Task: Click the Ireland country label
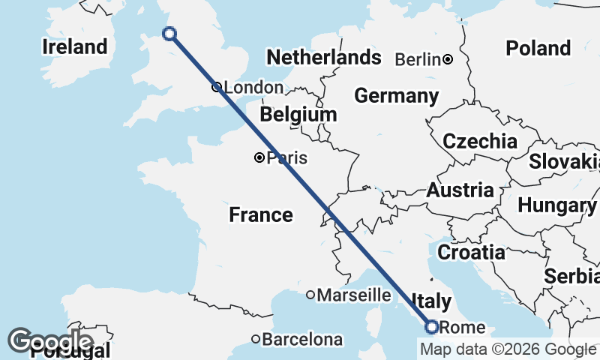(74, 46)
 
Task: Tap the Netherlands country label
(324, 58)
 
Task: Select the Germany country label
(397, 96)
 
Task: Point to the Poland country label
(538, 48)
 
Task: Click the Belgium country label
(298, 115)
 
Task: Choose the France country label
(261, 215)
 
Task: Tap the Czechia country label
(480, 141)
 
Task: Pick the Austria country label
(460, 190)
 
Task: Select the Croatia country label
(471, 252)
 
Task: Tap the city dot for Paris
(259, 157)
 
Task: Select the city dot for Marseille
(310, 295)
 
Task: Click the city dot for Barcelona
(256, 339)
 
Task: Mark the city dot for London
(216, 87)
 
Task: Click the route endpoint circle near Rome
(431, 326)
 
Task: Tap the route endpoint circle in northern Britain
(169, 33)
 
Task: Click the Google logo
(50, 341)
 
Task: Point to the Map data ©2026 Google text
(508, 349)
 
